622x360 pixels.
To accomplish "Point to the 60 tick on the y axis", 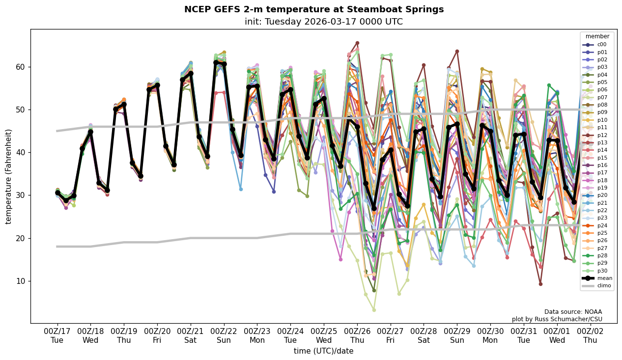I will point(21,67).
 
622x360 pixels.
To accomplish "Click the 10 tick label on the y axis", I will point(21,281).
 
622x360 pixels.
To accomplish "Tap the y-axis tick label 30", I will point(21,195).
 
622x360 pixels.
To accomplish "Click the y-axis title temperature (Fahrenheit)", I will point(9,176).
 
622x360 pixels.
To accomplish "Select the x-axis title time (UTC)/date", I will point(323,351).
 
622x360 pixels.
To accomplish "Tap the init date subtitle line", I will point(323,22).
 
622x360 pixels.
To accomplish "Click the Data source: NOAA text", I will point(573,312).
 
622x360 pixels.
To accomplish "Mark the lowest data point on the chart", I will point(374,310).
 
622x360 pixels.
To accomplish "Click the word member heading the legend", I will point(597,36).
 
